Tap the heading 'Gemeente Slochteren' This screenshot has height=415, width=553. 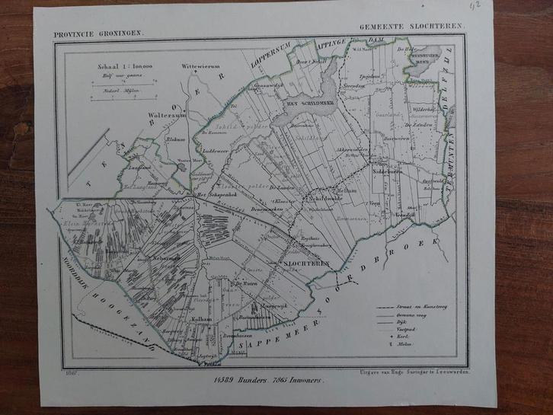point(412,26)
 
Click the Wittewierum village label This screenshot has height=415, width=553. point(200,67)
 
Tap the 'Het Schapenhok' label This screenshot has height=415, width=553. point(214,194)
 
